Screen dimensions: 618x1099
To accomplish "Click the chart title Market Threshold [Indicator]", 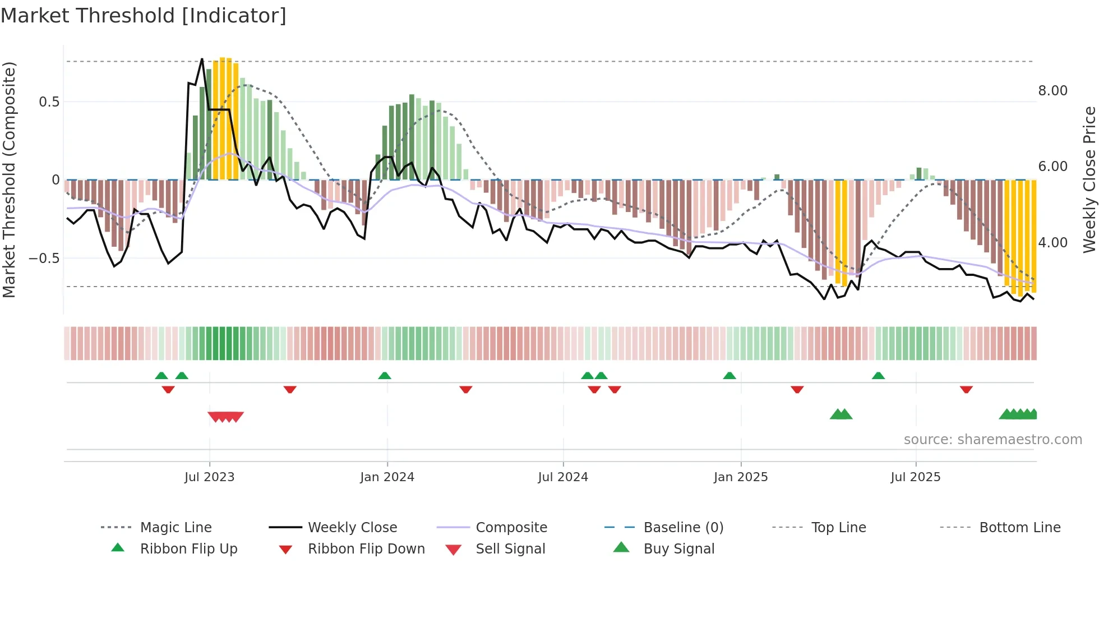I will point(144,16).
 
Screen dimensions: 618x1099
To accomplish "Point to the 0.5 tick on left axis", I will point(49,102).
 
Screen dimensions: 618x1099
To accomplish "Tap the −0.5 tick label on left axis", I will point(44,259).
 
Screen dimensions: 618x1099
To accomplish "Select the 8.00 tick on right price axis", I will point(1052,91).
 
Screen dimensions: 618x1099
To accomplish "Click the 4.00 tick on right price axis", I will point(1052,243).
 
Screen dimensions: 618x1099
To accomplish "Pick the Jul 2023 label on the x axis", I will point(209,477).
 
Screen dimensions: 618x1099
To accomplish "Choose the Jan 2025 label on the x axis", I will point(740,477).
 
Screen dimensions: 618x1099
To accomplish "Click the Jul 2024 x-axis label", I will point(562,477).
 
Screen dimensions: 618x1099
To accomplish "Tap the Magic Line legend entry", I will point(176,528).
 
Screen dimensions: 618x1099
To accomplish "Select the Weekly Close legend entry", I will point(352,528).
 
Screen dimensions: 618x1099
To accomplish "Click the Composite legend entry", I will point(511,528).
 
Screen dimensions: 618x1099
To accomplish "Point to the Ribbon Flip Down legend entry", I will point(366,549).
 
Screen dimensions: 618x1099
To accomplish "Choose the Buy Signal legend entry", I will point(678,549).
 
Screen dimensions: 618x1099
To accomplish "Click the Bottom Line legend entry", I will point(1019,528).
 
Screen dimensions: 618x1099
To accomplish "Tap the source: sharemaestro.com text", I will point(992,440).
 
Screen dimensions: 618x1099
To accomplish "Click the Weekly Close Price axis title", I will point(1089,179).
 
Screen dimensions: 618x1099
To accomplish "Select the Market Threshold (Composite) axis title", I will point(9,179).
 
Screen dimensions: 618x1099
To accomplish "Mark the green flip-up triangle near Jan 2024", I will point(385,376).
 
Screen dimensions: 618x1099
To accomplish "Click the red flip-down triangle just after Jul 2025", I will point(966,390).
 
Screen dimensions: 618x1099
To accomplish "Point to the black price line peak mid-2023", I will point(202,59).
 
